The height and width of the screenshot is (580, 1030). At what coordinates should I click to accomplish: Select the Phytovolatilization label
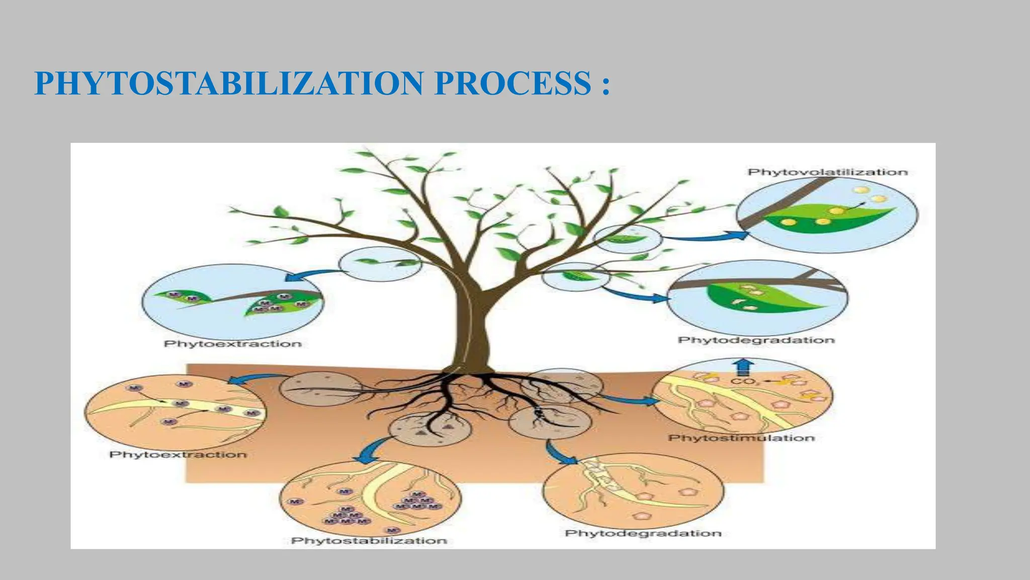click(827, 172)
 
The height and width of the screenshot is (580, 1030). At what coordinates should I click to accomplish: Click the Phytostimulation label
click(741, 438)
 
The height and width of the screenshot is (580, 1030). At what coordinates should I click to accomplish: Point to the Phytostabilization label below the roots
click(369, 540)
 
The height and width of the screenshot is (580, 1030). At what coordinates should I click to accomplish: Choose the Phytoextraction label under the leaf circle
click(233, 344)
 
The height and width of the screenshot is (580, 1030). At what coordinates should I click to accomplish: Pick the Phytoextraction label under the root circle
click(178, 455)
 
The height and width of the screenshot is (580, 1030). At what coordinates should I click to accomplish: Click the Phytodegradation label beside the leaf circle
click(756, 340)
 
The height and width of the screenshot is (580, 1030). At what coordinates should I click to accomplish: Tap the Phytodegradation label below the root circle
click(643, 533)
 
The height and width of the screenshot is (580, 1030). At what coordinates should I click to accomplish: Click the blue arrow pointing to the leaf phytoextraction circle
click(312, 275)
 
